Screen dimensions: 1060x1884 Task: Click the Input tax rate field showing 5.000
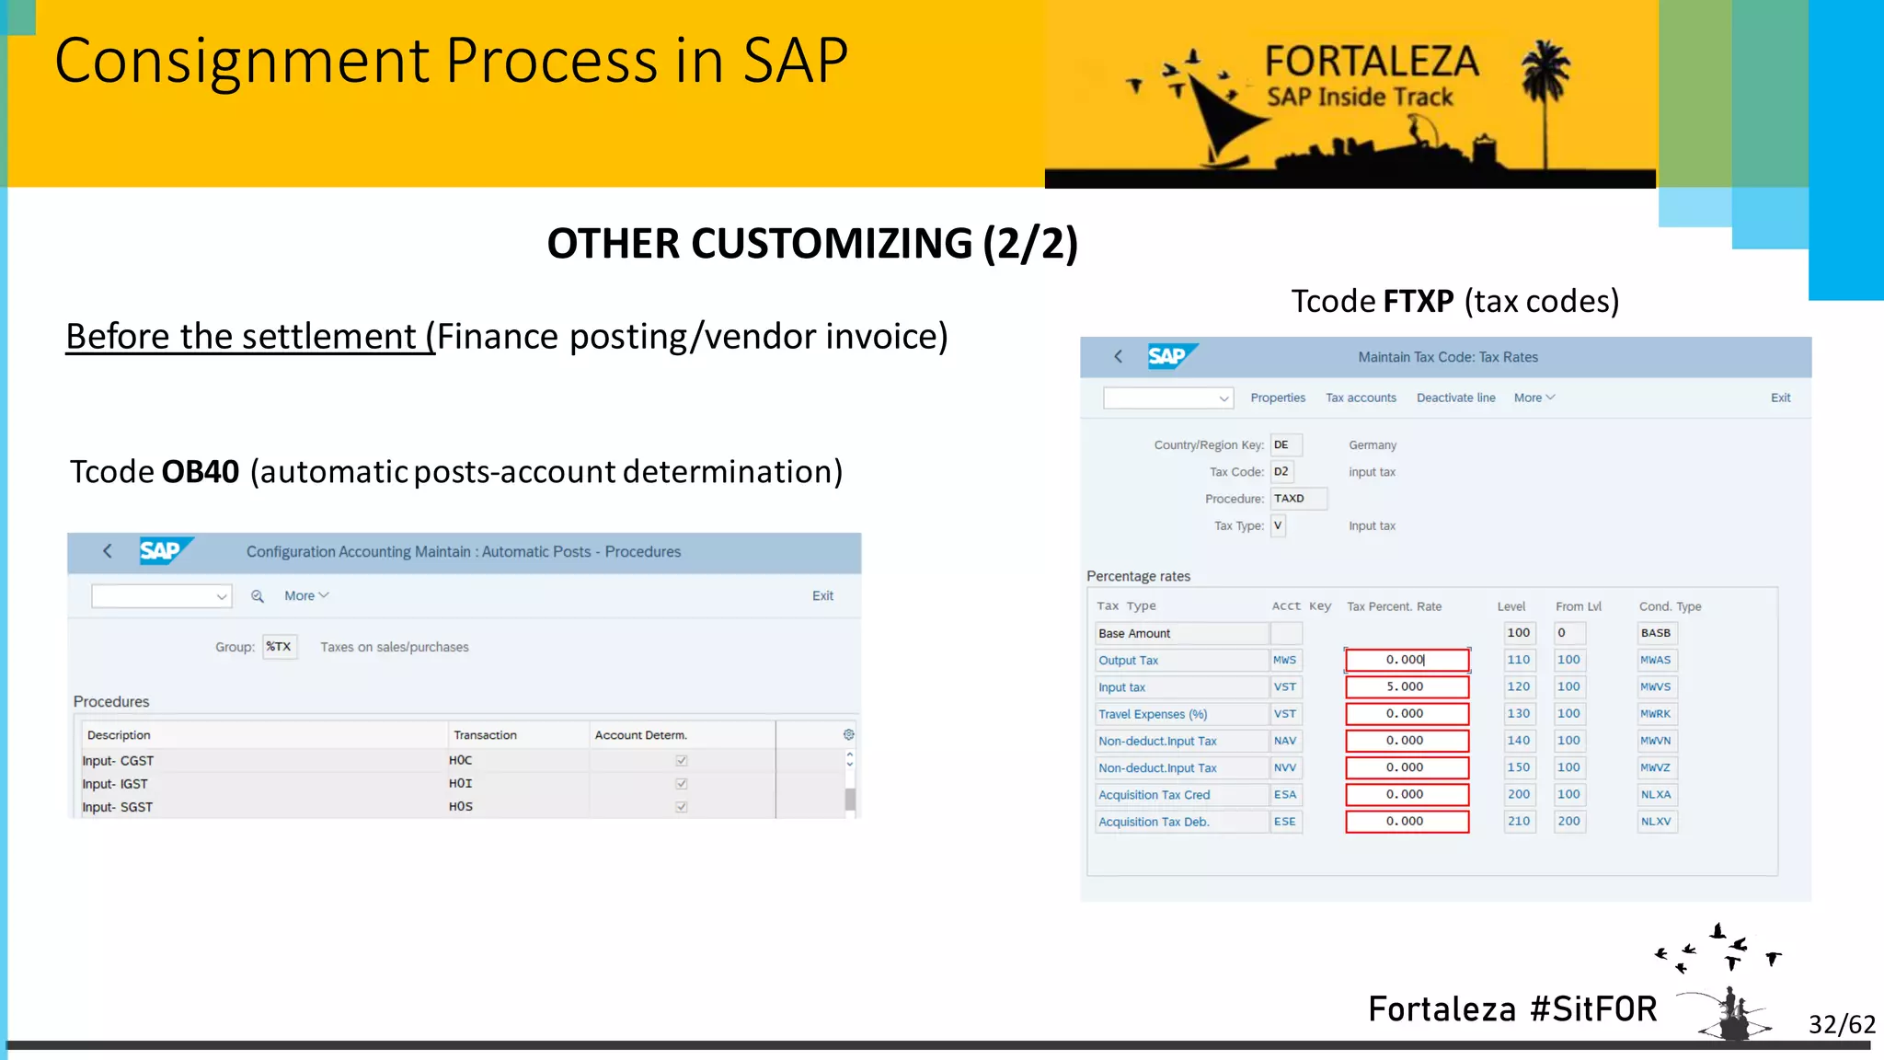pyautogui.click(x=1406, y=687)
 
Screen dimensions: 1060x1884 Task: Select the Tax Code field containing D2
pyautogui.click(x=1281, y=472)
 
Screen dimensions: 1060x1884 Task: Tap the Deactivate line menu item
pyautogui.click(x=1455, y=397)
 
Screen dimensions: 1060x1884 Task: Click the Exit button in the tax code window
pyautogui.click(x=1780, y=397)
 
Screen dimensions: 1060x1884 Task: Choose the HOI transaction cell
pyautogui.click(x=461, y=784)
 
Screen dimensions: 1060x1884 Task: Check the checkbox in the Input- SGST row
pyautogui.click(x=682, y=807)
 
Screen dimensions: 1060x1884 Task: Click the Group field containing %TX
pyautogui.click(x=280, y=647)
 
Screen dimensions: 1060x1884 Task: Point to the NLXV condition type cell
pyautogui.click(x=1656, y=822)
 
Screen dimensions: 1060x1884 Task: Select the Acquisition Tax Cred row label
pyautogui.click(x=1155, y=795)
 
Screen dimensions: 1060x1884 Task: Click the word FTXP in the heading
pyautogui.click(x=1419, y=302)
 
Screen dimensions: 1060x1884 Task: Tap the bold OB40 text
pyautogui.click(x=201, y=472)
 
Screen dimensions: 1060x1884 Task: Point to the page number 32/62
pyautogui.click(x=1841, y=1024)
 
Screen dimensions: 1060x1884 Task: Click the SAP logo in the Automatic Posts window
pyautogui.click(x=163, y=551)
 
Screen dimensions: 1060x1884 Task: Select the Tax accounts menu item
pyautogui.click(x=1361, y=397)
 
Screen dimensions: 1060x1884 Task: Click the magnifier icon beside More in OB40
pyautogui.click(x=258, y=596)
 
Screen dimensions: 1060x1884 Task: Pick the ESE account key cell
pyautogui.click(x=1285, y=822)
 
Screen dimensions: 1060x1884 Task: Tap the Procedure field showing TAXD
pyautogui.click(x=1297, y=499)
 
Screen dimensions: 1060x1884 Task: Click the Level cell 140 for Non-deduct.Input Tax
pyautogui.click(x=1519, y=741)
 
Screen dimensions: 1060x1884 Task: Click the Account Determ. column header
pyautogui.click(x=640, y=735)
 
